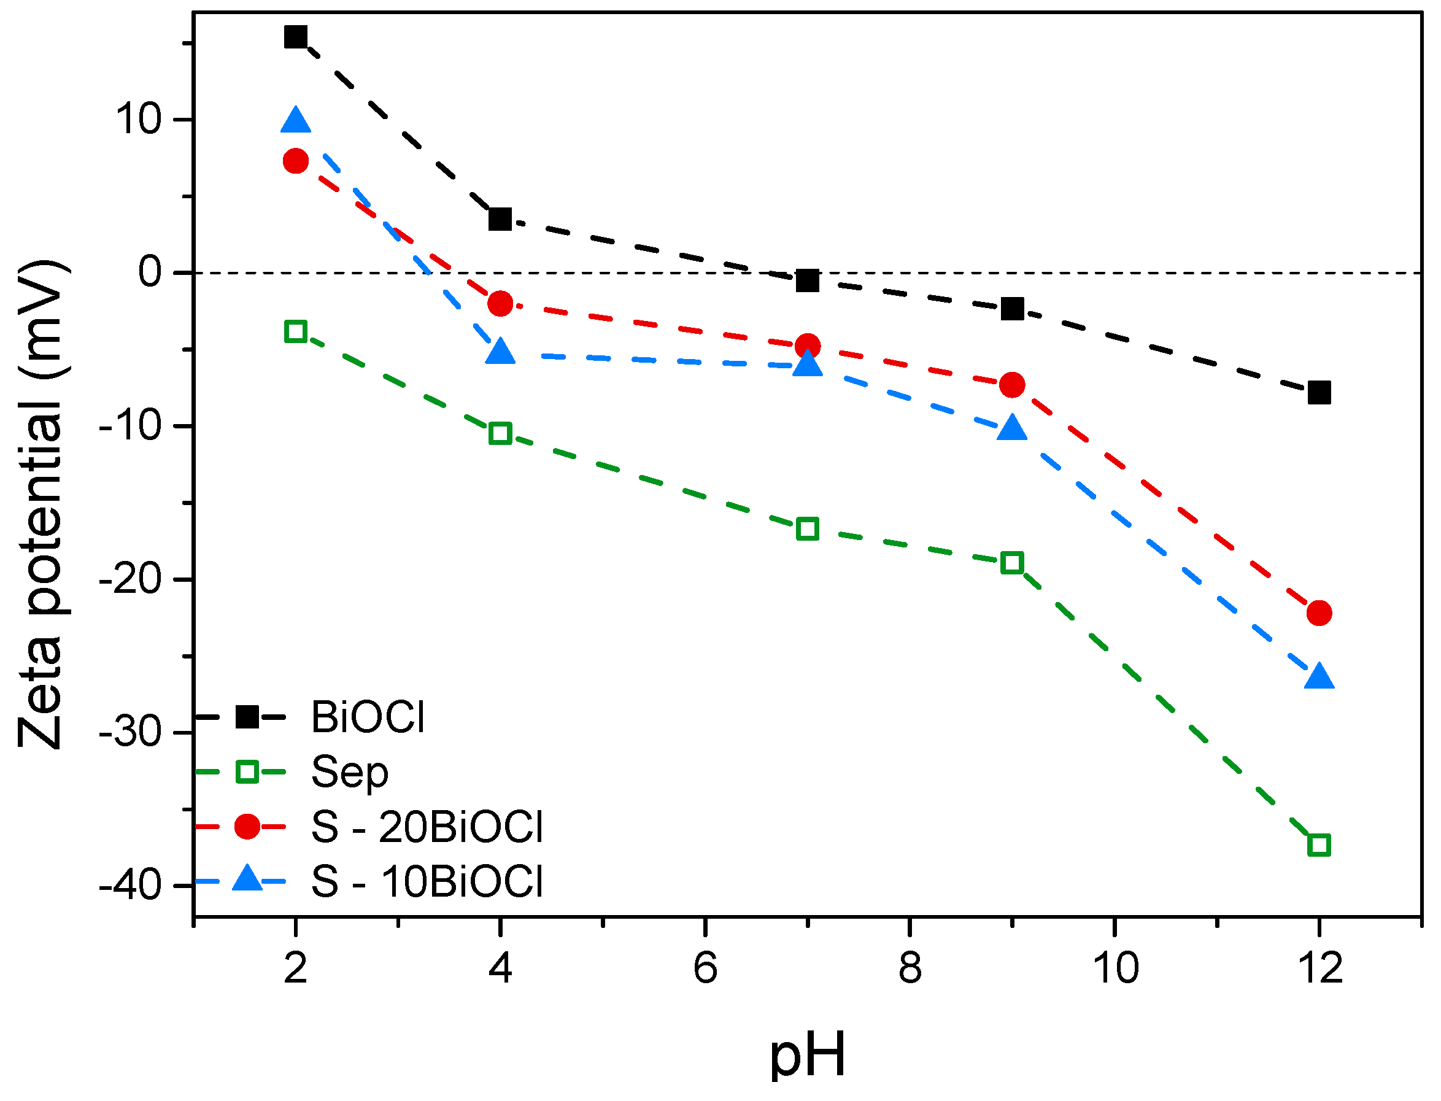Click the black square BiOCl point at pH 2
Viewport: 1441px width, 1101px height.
click(x=296, y=37)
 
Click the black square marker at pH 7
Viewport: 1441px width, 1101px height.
click(x=807, y=281)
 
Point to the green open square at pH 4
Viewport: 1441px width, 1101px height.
click(x=501, y=434)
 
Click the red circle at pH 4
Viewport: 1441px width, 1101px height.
click(x=501, y=304)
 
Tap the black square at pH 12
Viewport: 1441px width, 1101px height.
click(x=1319, y=393)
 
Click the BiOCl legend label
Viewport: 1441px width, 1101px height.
click(x=368, y=717)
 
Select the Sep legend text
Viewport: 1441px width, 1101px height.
click(x=349, y=773)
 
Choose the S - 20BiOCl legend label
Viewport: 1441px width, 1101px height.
click(x=427, y=827)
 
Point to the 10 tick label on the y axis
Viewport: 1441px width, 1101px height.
click(x=138, y=120)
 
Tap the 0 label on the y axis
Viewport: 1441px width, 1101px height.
click(x=150, y=272)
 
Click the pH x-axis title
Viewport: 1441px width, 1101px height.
click(x=807, y=1056)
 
